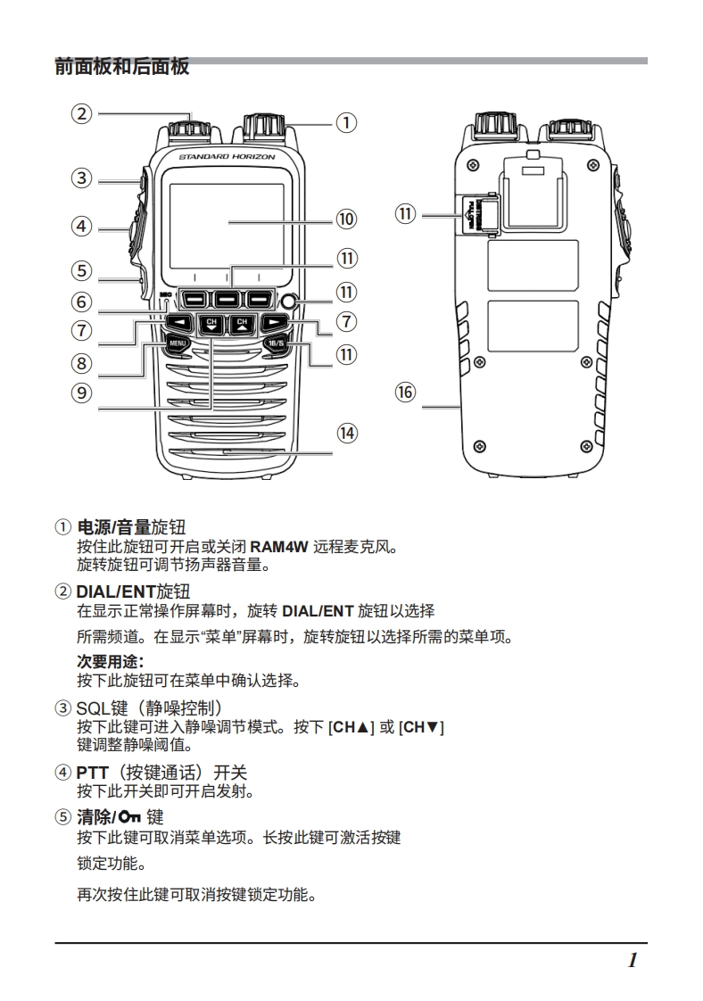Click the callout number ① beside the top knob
point(345,122)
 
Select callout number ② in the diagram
point(82,113)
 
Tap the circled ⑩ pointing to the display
point(345,219)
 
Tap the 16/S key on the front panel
point(276,343)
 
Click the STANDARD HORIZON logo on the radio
point(227,157)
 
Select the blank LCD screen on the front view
point(227,222)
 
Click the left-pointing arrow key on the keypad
point(180,322)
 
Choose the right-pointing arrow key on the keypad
point(277,322)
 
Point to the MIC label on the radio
point(165,295)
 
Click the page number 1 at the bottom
point(632,961)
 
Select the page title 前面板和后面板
point(121,66)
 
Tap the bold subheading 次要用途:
point(111,661)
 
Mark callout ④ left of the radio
point(82,227)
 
